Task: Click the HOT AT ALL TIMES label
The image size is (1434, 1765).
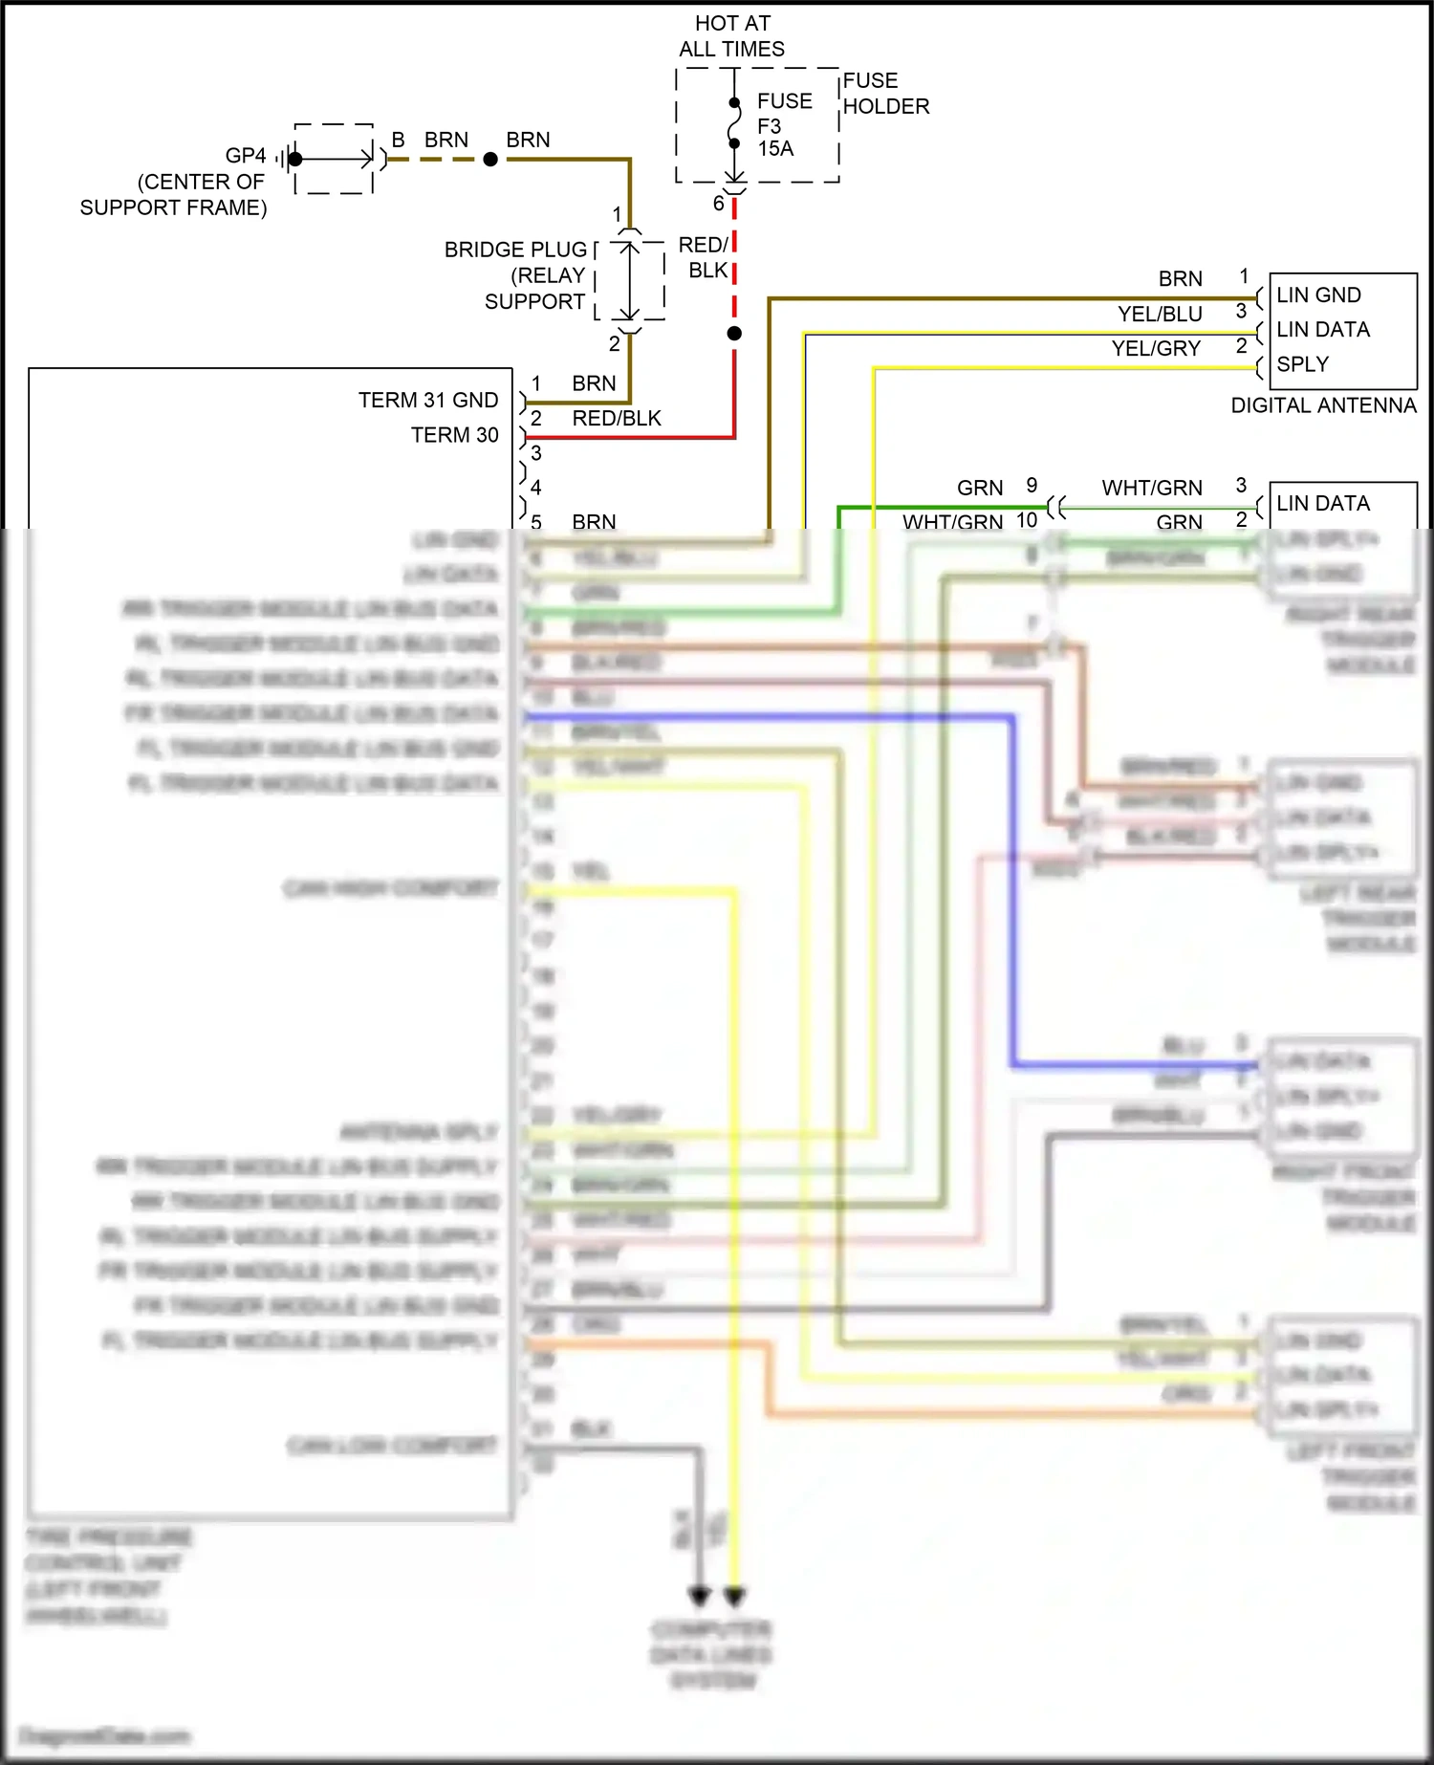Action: click(x=731, y=36)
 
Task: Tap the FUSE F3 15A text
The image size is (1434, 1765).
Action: click(x=784, y=124)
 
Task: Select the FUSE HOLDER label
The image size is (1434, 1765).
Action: click(x=885, y=94)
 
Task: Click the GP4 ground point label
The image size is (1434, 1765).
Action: click(x=246, y=156)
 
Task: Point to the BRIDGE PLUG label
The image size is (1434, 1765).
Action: click(x=515, y=250)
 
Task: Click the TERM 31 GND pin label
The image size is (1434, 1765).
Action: click(x=428, y=400)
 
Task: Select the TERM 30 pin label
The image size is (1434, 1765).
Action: click(x=454, y=435)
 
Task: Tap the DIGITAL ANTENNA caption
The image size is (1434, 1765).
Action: click(x=1323, y=405)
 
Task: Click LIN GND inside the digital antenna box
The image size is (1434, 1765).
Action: click(x=1318, y=295)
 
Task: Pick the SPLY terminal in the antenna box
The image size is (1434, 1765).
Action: click(x=1302, y=364)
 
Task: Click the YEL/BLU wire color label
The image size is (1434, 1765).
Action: click(x=1160, y=314)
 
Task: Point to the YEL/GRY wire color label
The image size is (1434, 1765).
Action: click(x=1156, y=349)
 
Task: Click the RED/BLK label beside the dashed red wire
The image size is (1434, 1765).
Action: click(x=704, y=258)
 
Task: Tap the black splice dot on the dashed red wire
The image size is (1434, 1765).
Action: click(x=734, y=334)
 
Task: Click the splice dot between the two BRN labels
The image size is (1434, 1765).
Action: click(x=490, y=160)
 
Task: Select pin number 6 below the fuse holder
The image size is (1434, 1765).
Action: click(x=718, y=204)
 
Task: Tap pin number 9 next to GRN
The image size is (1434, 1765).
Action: click(x=1032, y=486)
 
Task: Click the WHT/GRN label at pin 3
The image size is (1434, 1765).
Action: click(x=1152, y=488)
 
